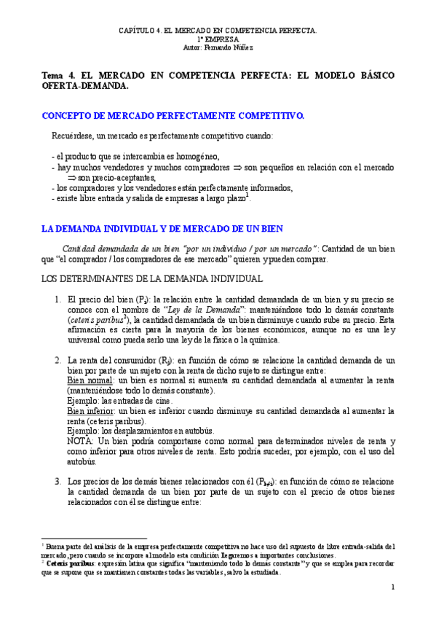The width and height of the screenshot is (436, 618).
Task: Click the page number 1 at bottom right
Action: pyautogui.click(x=392, y=587)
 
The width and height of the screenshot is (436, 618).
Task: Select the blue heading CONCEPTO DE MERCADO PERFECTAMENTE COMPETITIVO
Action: pyautogui.click(x=173, y=116)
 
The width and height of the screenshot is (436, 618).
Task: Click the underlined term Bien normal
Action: pyautogui.click(x=90, y=380)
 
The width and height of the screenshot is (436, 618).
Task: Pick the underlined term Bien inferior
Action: pyautogui.click(x=91, y=410)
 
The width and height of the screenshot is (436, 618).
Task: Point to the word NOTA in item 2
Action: pyautogui.click(x=80, y=442)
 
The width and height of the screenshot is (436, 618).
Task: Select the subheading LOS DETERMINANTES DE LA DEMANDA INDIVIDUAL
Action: pyautogui.click(x=151, y=278)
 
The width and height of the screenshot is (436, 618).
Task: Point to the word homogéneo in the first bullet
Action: pyautogui.click(x=195, y=157)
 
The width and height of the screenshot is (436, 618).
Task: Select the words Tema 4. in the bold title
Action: pyautogui.click(x=57, y=75)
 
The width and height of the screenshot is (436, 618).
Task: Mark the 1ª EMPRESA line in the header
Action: pyautogui.click(x=218, y=38)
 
